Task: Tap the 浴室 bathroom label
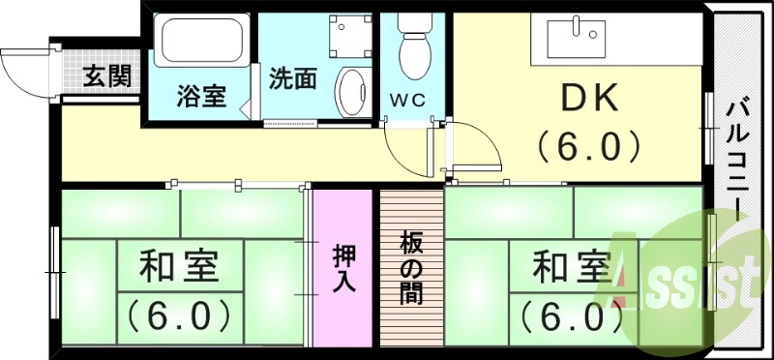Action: pos(201,97)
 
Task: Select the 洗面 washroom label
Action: pos(293,78)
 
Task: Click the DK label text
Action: pos(589,101)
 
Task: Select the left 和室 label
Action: pos(178,267)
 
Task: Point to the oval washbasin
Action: pos(349,91)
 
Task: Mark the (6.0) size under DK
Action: pos(589,146)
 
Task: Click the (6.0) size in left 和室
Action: pos(180,315)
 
